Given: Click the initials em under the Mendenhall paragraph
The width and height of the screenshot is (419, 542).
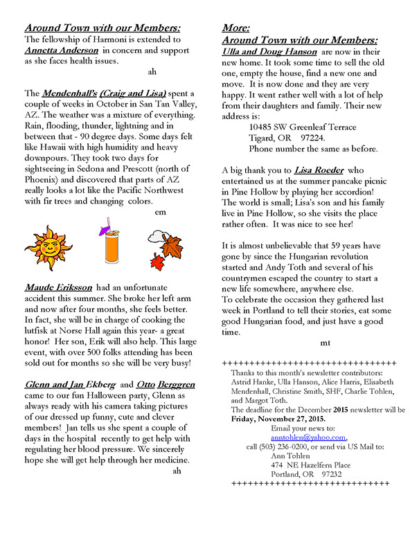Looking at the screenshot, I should pyautogui.click(x=159, y=211).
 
